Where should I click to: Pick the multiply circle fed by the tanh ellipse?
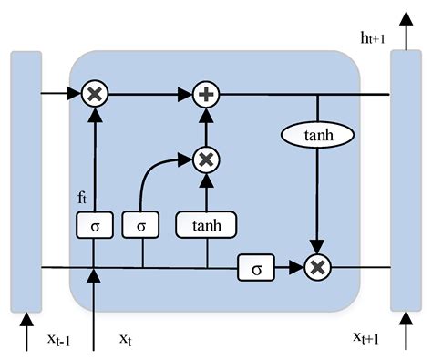point(317,267)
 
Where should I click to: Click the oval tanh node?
point(317,135)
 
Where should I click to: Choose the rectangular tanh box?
point(206,224)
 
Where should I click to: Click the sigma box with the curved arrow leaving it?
point(141,224)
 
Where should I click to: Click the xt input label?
point(127,338)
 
